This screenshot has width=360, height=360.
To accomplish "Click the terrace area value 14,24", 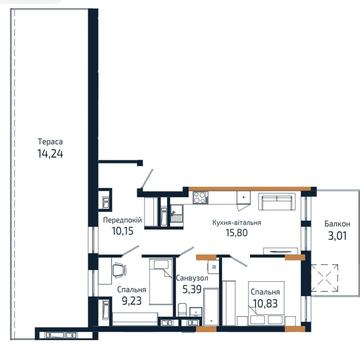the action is point(50,154).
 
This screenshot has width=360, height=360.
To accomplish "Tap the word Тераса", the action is point(51,142).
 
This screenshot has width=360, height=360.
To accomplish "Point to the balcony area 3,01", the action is point(337,236).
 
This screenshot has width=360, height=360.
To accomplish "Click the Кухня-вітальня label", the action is point(237,222).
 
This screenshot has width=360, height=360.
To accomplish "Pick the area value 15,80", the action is point(237,233).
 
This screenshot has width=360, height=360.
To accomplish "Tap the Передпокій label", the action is point(123,220).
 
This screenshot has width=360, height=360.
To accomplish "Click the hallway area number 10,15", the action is point(123,231).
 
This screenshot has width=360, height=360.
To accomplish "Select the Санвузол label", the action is point(192,278).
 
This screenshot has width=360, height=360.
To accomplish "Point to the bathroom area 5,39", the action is point(191,289).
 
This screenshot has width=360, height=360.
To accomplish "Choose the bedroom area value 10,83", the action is point(265,304).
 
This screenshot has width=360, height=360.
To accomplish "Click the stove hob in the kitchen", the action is point(201,198).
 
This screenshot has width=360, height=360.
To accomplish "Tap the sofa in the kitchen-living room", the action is point(276,202).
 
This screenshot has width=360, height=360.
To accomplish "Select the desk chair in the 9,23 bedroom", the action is point(119,269).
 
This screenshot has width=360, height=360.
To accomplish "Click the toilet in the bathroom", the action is point(183,310).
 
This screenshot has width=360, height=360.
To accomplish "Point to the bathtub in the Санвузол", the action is point(211,306).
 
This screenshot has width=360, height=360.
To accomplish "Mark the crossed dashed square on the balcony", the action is point(324,278).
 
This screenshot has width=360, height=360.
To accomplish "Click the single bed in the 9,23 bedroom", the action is point(161,281).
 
